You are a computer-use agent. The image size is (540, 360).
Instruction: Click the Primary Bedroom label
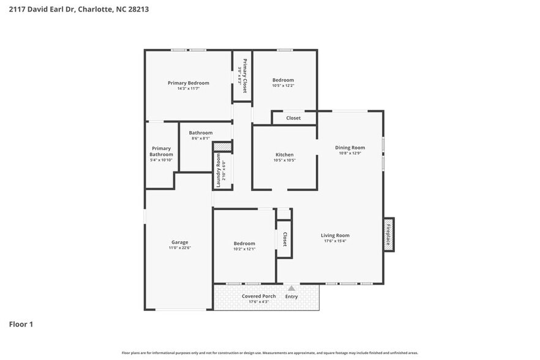[189, 83]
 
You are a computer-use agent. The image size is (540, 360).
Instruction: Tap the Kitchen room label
[284, 155]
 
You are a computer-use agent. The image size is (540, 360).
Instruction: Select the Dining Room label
[350, 148]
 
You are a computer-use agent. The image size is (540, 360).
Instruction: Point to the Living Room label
[335, 235]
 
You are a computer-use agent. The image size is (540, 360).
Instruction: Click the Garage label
[179, 242]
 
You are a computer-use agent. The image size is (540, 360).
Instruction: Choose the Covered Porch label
[259, 296]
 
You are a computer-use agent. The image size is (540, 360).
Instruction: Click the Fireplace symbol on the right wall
[388, 234]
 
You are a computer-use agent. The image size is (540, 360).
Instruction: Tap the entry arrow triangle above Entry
[291, 288]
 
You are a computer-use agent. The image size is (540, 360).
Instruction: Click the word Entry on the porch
[291, 296]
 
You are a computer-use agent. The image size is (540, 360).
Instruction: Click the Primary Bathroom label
[161, 151]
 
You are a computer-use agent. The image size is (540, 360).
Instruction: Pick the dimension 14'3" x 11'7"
[189, 89]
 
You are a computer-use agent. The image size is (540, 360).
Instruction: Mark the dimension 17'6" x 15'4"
[335, 241]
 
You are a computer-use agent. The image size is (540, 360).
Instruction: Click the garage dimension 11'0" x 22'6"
[179, 248]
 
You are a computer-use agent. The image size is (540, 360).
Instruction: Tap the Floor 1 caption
[21, 324]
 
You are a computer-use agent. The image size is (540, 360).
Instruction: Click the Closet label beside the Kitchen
[293, 118]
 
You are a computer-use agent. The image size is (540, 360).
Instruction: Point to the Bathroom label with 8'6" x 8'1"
[201, 133]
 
